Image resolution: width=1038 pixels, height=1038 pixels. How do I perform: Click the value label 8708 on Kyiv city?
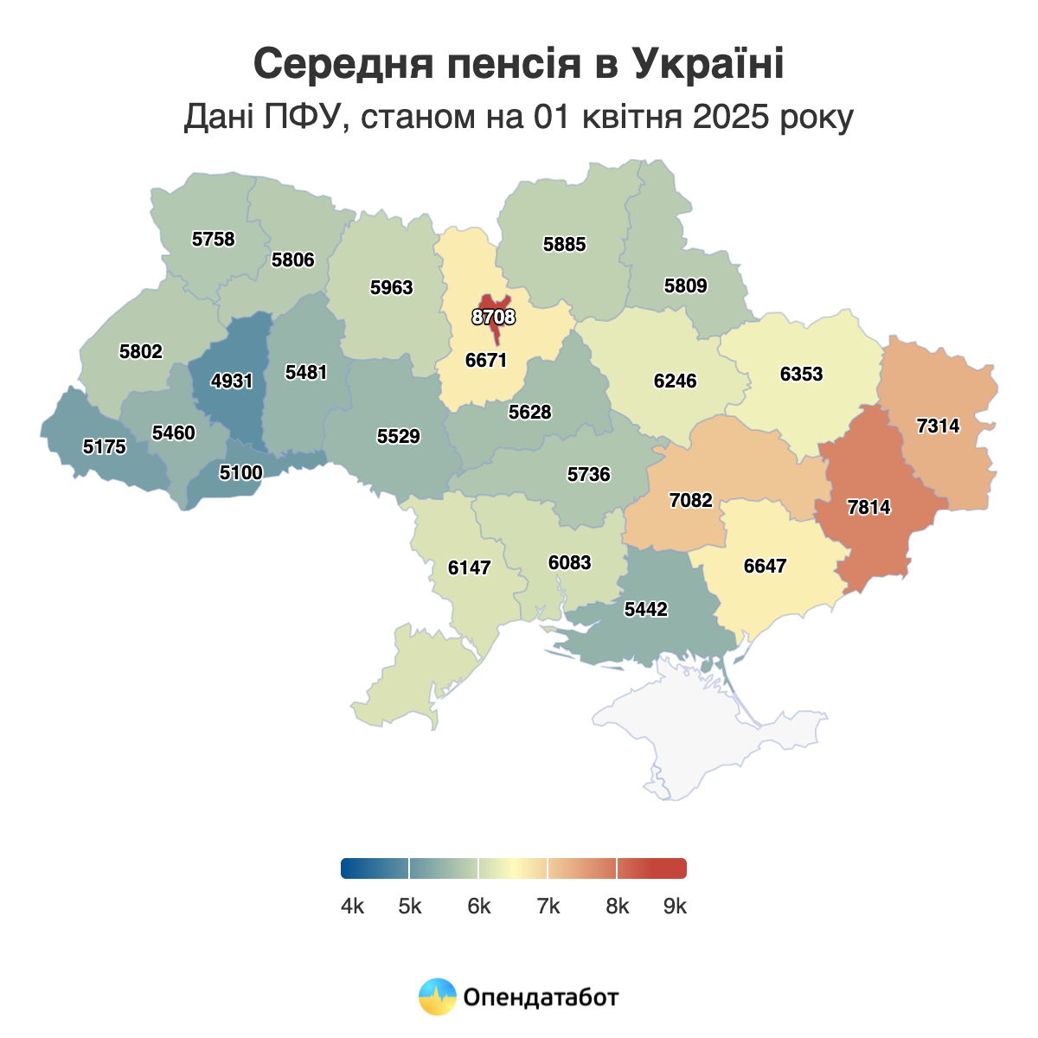493,317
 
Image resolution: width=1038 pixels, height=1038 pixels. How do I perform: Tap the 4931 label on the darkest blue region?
232,381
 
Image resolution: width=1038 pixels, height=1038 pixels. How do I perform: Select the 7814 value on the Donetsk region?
868,508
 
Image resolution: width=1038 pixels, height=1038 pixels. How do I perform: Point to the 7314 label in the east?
938,426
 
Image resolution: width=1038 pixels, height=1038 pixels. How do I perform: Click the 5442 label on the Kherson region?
646,610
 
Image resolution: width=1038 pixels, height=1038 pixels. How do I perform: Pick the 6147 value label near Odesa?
470,568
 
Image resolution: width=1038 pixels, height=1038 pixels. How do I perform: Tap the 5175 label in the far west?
105,447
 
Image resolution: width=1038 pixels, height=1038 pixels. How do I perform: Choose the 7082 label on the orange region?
691,501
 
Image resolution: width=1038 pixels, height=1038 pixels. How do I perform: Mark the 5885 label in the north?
564,245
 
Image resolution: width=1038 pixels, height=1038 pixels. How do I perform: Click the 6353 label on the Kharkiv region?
801,375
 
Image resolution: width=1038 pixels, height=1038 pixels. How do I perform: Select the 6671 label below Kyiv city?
486,361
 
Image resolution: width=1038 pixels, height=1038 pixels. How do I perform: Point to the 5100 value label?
240,472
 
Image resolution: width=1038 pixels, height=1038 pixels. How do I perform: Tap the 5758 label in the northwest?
213,240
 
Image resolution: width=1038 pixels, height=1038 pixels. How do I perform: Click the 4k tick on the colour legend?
352,906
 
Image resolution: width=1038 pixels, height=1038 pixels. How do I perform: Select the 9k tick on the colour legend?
675,906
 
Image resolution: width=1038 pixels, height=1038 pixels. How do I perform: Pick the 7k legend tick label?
548,906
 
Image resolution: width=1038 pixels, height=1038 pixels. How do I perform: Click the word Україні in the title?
708,64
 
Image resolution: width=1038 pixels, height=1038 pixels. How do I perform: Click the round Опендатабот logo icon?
437,996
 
